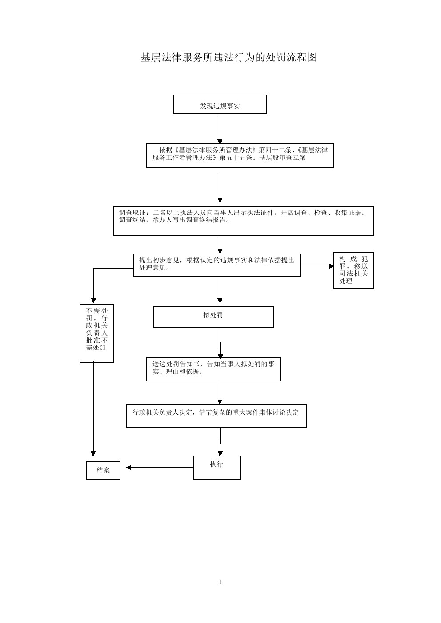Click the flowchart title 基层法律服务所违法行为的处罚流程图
point(229,57)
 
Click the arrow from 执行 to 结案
point(160,468)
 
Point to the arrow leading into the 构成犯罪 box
point(317,266)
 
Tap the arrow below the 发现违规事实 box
point(220,129)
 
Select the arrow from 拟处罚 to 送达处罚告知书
point(220,343)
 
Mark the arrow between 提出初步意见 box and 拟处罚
point(220,290)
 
